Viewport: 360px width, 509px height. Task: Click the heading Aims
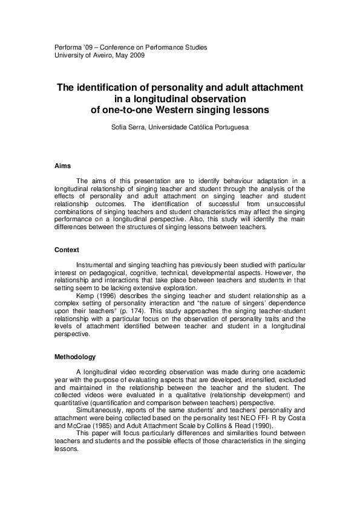(62, 166)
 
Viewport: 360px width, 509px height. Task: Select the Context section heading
(67, 250)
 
